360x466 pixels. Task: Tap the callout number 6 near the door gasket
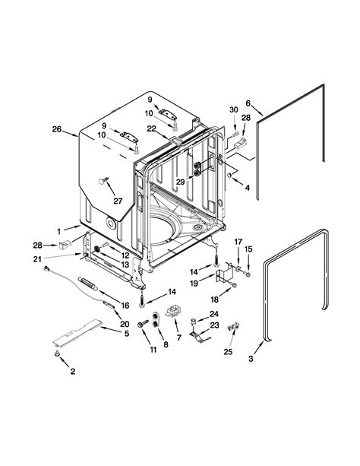click(x=248, y=105)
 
